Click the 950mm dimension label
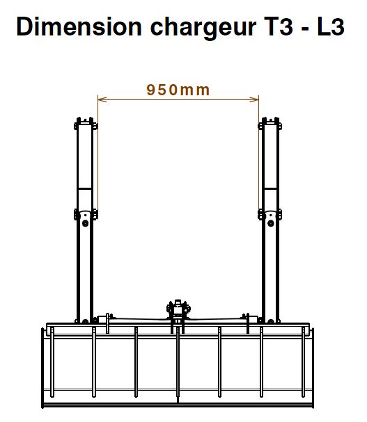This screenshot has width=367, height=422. click(x=178, y=89)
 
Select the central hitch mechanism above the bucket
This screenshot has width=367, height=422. click(x=178, y=309)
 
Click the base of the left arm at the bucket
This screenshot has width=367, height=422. click(x=85, y=318)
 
